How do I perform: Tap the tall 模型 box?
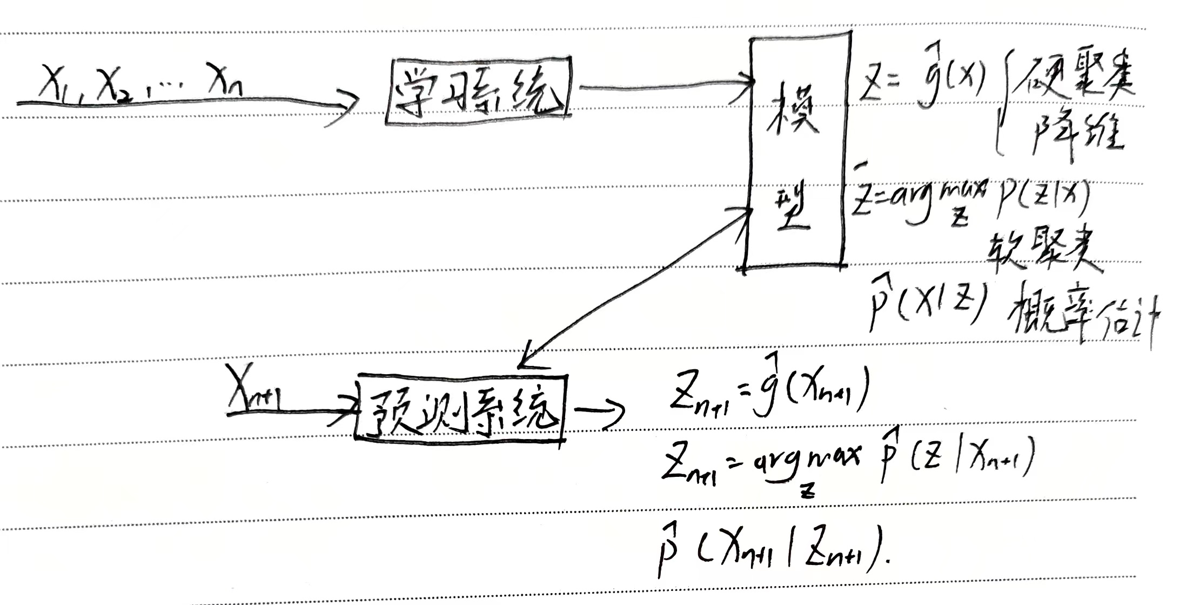pos(795,151)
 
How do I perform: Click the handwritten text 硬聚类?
pos(1075,84)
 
